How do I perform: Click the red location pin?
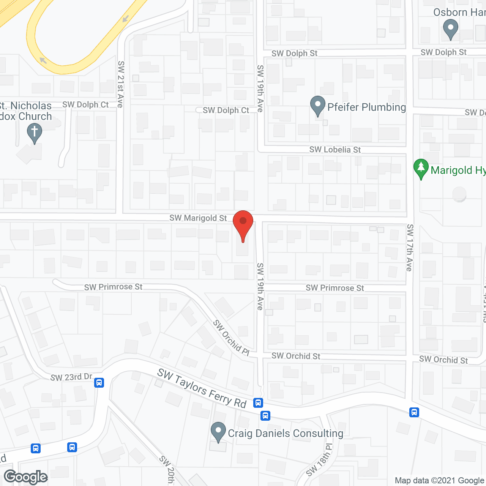tap(243, 224)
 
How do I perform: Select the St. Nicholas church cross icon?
tap(35, 133)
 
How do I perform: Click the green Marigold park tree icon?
tap(421, 168)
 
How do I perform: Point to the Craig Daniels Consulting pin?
tap(218, 432)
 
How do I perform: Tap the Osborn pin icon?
tap(451, 29)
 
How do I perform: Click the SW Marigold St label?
tap(198, 218)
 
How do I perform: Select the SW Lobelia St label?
tap(335, 150)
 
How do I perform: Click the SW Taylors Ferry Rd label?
tap(202, 388)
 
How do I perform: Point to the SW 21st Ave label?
tap(120, 84)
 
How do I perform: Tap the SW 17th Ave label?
tap(409, 248)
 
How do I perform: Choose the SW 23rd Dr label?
tap(71, 377)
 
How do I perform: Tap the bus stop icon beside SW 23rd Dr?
tap(99, 382)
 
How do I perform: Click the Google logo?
tap(26, 477)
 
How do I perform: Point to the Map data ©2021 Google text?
tap(440, 481)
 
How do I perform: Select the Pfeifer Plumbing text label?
tap(366, 107)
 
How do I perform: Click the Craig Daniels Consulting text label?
tap(286, 433)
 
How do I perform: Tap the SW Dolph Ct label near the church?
tap(85, 104)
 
